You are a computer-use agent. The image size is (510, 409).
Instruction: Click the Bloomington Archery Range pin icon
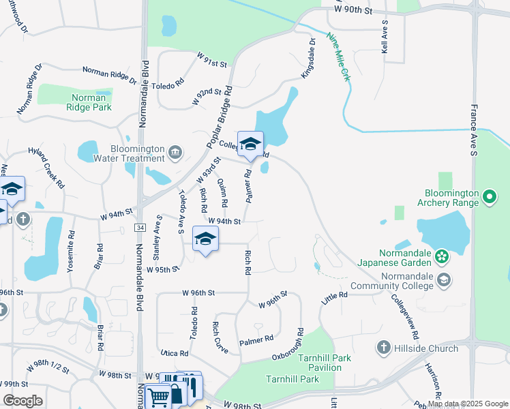point(489,198)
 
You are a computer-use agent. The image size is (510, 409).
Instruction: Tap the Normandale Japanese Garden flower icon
point(441,256)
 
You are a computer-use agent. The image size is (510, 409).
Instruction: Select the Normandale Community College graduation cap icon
point(444,279)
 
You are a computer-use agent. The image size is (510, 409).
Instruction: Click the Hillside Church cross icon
point(383,348)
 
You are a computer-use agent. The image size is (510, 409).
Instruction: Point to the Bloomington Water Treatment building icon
point(175,151)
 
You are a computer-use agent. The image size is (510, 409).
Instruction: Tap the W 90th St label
point(353,10)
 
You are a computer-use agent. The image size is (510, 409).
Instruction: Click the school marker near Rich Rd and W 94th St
point(205,240)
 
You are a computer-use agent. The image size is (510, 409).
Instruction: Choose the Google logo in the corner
point(22,401)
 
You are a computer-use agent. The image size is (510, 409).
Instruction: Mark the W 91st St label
point(211,63)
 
